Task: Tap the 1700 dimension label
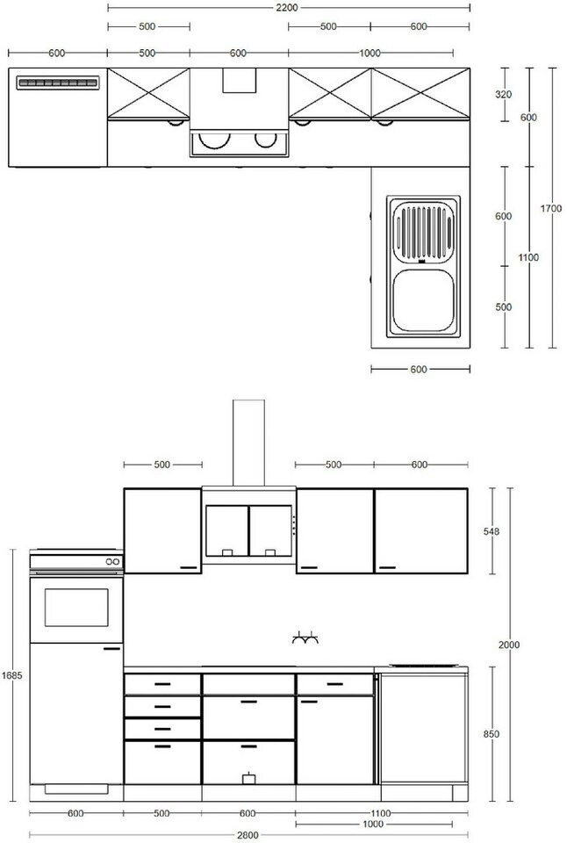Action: pos(551,209)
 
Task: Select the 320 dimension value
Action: pos(504,94)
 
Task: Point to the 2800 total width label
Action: pos(248,835)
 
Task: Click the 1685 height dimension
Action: pos(11,675)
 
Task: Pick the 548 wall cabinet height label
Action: pos(492,531)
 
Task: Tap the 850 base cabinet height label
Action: pos(492,734)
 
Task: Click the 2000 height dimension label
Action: pos(509,645)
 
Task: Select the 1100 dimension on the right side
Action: pos(528,257)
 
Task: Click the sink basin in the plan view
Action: pos(423,300)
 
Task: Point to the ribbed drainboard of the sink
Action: pos(423,231)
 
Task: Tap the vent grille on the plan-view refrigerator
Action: pos(58,83)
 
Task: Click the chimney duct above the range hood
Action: pos(248,443)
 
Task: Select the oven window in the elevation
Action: pos(76,608)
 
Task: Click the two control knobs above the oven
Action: pos(112,562)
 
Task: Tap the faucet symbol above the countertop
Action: pos(305,638)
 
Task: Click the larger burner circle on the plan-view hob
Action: pos(214,140)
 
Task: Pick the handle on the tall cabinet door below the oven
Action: pos(111,649)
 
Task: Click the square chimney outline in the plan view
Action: pos(240,81)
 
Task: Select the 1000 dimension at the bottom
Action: pos(373,825)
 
